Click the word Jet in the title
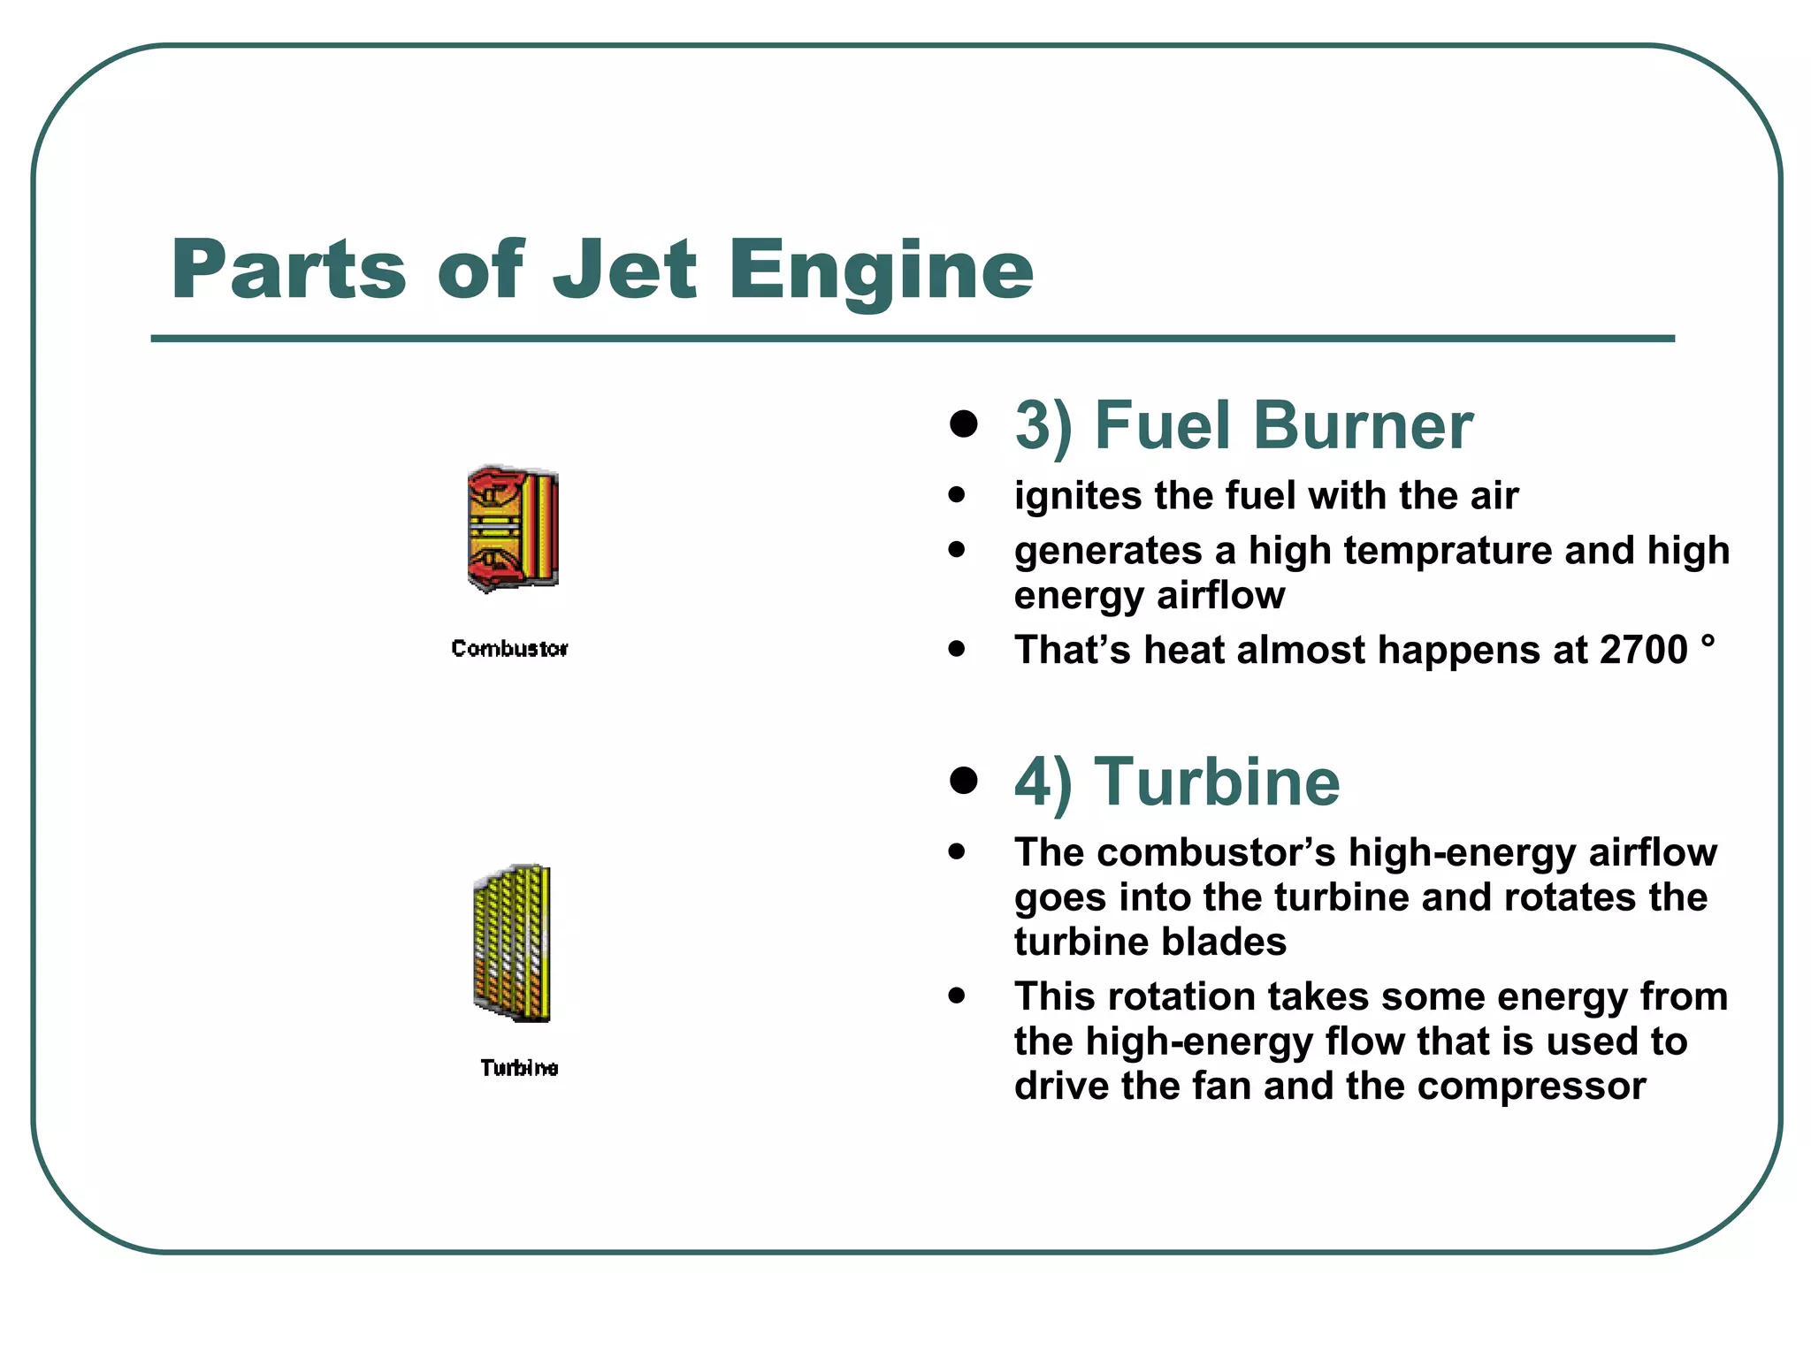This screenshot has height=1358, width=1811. click(x=624, y=270)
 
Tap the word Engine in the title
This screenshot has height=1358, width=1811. click(x=880, y=270)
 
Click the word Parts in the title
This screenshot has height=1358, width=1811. click(x=288, y=270)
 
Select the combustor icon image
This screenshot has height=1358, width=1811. click(x=513, y=529)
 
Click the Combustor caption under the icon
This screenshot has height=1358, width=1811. click(x=509, y=649)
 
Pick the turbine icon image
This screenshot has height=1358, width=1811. click(x=513, y=942)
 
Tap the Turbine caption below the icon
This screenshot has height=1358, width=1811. click(x=519, y=1068)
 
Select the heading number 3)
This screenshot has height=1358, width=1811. click(x=1043, y=426)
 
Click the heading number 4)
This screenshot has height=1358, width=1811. click(x=1043, y=782)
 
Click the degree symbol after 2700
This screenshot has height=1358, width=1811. click(x=1708, y=640)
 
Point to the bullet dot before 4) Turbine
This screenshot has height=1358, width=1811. click(x=963, y=780)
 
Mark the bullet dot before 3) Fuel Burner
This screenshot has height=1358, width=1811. click(x=963, y=423)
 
